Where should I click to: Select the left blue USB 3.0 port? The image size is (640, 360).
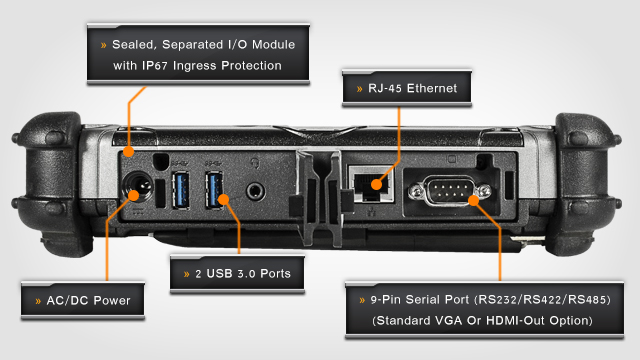click(180, 190)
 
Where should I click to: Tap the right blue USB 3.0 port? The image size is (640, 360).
click(214, 190)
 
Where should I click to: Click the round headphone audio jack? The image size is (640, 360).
click(256, 191)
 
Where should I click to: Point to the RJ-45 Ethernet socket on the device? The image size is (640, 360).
click(371, 184)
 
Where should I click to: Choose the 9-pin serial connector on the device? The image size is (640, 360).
click(449, 190)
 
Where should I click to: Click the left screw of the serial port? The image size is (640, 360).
click(416, 191)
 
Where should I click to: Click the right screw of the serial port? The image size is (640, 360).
click(484, 190)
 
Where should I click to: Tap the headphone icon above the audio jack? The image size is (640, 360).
click(256, 164)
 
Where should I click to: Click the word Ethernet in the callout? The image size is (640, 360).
click(432, 88)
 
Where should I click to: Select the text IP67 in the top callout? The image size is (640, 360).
click(155, 66)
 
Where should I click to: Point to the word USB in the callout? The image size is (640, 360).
click(220, 273)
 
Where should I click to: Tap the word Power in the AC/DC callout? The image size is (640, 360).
click(111, 301)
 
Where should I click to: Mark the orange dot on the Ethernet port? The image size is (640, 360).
click(377, 184)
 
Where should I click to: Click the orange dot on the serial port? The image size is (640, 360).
click(474, 200)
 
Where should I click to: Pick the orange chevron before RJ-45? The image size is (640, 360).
click(360, 89)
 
